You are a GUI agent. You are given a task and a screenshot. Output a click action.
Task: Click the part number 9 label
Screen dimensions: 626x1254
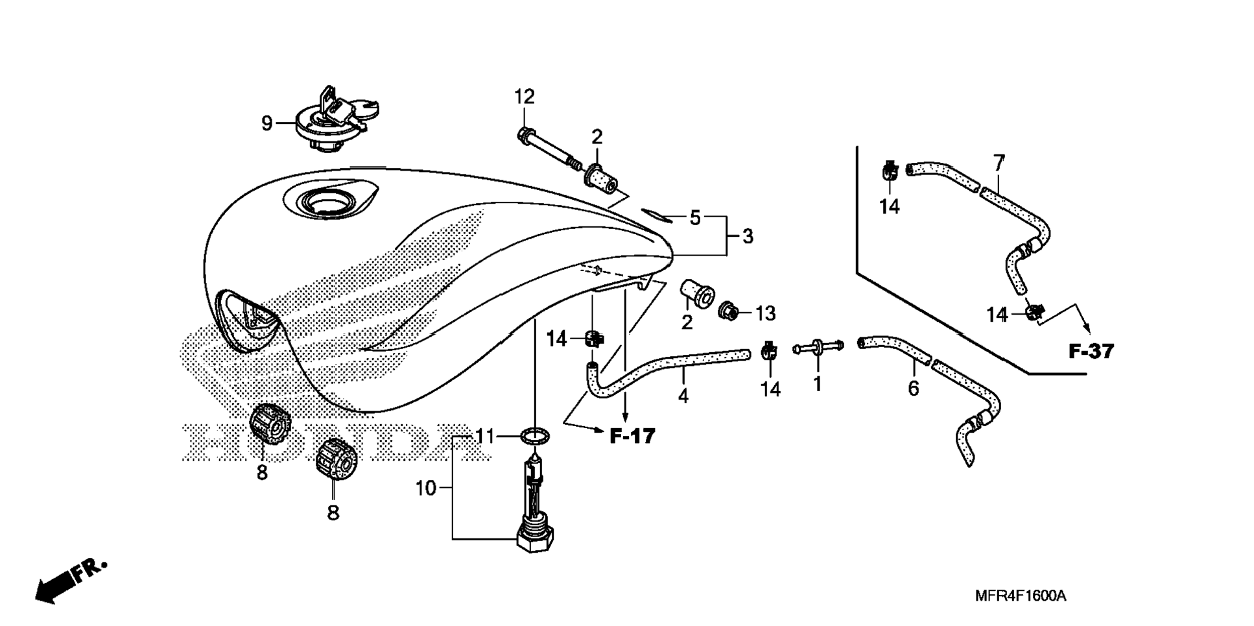pyautogui.click(x=266, y=123)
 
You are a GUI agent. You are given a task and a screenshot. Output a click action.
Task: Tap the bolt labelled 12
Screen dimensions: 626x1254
pyautogui.click(x=548, y=149)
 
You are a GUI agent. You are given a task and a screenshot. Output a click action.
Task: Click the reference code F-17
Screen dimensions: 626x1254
pyautogui.click(x=632, y=436)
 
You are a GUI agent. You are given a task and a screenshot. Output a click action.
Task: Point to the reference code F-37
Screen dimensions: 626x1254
pyautogui.click(x=1091, y=352)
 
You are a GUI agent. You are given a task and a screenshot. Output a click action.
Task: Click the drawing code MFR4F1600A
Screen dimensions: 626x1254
pyautogui.click(x=1020, y=596)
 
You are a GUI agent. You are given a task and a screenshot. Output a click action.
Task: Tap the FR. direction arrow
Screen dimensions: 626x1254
pyautogui.click(x=68, y=580)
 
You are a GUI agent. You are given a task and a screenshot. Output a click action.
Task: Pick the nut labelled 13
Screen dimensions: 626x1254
pyautogui.click(x=728, y=312)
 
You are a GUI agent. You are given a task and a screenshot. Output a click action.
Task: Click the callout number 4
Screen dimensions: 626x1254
pyautogui.click(x=683, y=395)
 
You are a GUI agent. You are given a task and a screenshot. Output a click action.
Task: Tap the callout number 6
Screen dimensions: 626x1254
pyautogui.click(x=913, y=389)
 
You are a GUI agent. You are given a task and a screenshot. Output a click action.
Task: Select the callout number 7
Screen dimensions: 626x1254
pyautogui.click(x=999, y=162)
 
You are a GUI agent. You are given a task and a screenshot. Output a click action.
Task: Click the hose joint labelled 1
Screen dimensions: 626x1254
pyautogui.click(x=818, y=348)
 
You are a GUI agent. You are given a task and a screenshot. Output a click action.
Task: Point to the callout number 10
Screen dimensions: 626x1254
pyautogui.click(x=425, y=488)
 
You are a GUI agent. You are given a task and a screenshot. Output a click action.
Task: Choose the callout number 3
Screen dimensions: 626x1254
pyautogui.click(x=748, y=236)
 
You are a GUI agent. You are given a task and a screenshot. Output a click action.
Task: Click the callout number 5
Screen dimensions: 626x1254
pyautogui.click(x=694, y=218)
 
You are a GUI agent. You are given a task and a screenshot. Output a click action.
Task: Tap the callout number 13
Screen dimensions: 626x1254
pyautogui.click(x=766, y=313)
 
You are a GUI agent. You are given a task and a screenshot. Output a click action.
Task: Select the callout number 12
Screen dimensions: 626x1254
pyautogui.click(x=525, y=97)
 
